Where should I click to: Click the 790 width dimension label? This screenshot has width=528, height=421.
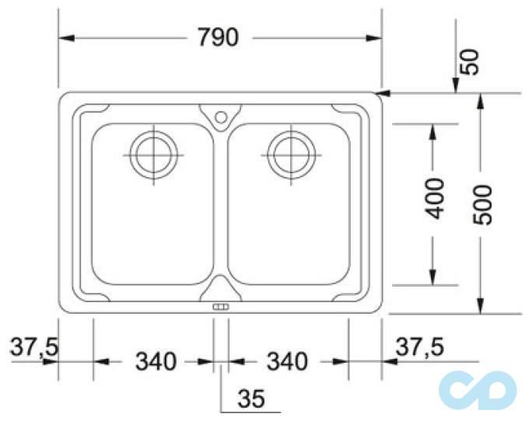pos(219,37)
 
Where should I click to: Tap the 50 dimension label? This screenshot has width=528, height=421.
pos(470,62)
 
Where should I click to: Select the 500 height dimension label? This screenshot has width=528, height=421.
pos(482,204)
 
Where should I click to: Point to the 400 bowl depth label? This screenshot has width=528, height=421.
pos(435,199)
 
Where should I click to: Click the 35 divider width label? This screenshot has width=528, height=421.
pos(251,398)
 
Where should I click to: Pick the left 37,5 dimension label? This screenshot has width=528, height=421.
pos(35,347)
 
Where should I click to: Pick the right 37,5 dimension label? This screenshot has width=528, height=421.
pos(420,347)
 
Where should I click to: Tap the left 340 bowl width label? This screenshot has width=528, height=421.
pos(156,361)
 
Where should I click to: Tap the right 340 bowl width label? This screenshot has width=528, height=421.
pos(287,361)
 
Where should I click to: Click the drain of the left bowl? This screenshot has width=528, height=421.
pos(153,155)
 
